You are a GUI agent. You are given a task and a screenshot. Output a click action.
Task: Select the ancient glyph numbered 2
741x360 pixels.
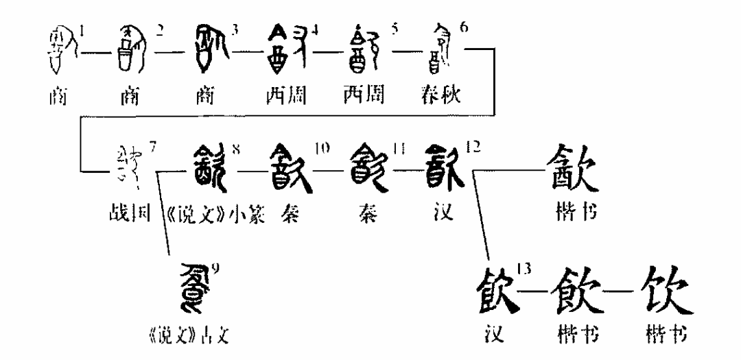coord(131,49)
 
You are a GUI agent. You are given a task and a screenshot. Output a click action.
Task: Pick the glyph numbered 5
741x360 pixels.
coord(364,49)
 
